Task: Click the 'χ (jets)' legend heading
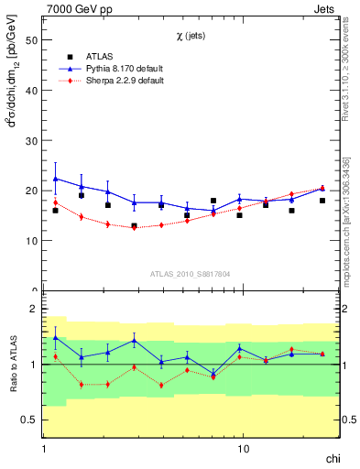[x=191, y=36]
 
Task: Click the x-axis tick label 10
[x=243, y=449]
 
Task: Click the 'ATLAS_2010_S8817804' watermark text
[x=191, y=273]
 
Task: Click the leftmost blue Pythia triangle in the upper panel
[x=56, y=179]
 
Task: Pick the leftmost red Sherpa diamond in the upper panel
[x=56, y=202]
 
